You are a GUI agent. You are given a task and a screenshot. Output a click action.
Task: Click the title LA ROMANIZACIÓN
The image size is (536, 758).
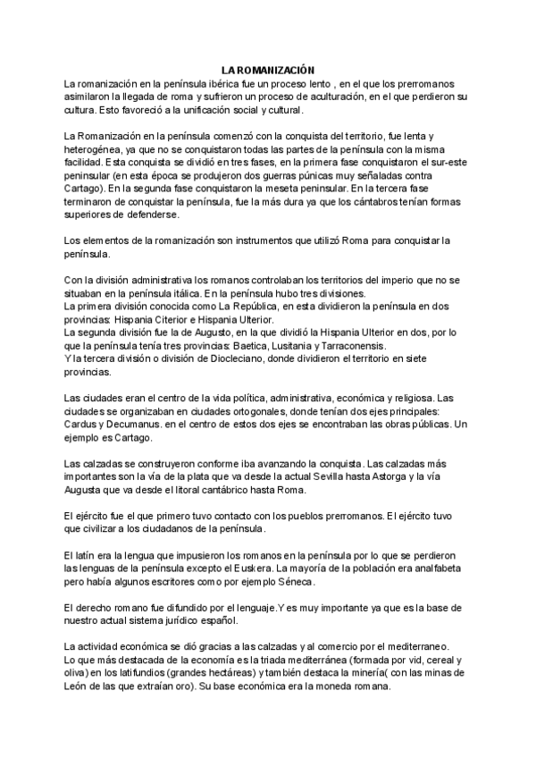point(268,69)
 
